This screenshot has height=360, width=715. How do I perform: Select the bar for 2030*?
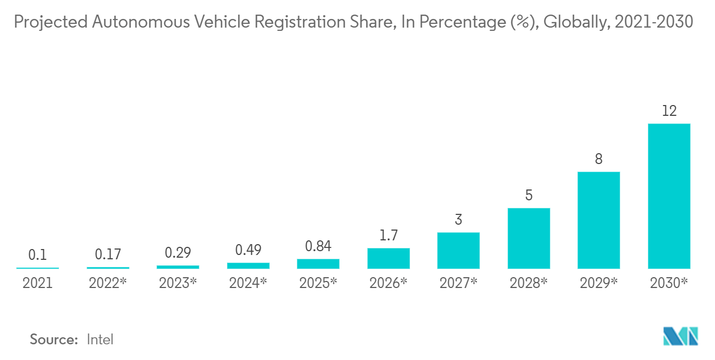(669, 196)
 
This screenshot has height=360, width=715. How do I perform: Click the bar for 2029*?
(599, 220)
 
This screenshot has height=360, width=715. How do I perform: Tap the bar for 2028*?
(529, 238)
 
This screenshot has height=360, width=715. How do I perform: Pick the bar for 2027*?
(458, 251)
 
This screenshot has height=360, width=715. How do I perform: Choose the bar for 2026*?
(388, 258)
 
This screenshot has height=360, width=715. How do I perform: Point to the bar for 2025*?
(318, 264)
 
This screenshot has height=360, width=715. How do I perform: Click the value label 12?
(669, 111)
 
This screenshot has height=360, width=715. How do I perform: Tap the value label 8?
(599, 159)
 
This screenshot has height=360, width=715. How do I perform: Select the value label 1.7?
(388, 235)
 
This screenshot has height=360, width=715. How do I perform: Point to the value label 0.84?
(318, 246)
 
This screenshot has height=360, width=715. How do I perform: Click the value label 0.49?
(248, 250)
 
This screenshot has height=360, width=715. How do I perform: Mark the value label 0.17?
(108, 254)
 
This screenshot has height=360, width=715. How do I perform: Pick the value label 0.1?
(37, 254)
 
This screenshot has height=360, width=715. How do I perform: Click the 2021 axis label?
(37, 283)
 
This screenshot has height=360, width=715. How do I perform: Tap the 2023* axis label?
(178, 283)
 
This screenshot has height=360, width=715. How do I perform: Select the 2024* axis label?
(248, 283)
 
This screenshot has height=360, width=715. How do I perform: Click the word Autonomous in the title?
(141, 22)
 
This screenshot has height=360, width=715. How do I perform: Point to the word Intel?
(100, 339)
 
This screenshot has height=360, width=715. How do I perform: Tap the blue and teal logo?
(680, 336)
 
